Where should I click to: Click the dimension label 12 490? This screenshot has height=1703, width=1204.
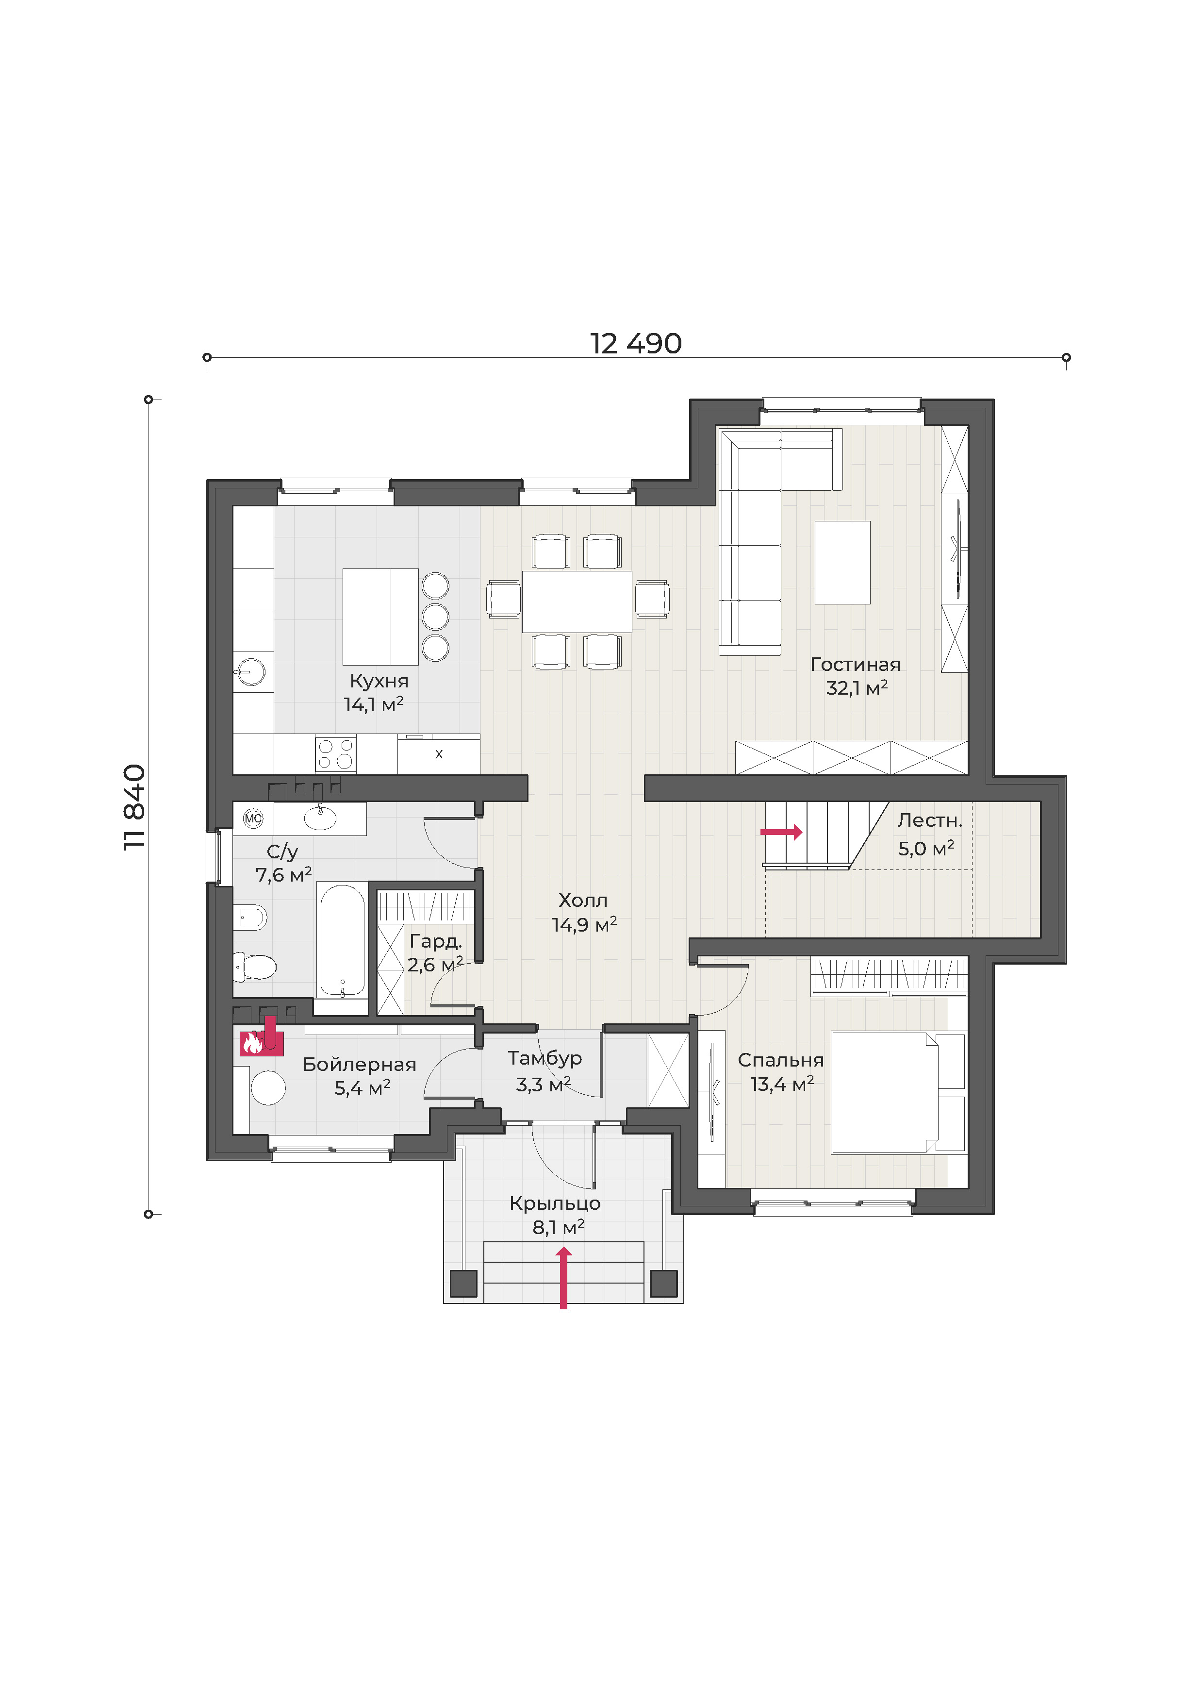click(635, 343)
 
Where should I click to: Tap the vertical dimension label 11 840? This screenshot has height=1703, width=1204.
click(134, 807)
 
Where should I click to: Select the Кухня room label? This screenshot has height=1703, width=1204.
click(379, 681)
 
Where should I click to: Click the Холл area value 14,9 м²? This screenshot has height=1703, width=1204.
click(584, 925)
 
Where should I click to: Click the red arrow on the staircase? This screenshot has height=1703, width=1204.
click(781, 832)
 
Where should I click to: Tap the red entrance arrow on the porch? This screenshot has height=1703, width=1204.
click(563, 1277)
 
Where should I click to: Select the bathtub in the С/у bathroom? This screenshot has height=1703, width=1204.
click(343, 940)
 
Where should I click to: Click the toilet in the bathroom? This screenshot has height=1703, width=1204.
click(255, 967)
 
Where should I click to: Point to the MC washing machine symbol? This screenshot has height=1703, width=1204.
click(253, 819)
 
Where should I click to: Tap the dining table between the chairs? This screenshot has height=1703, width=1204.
click(577, 601)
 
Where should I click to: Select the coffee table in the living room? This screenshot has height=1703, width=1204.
click(842, 562)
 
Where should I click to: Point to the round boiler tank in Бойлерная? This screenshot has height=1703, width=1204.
click(268, 1088)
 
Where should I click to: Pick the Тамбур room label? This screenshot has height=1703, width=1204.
click(545, 1058)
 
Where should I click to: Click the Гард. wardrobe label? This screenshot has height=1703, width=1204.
click(436, 941)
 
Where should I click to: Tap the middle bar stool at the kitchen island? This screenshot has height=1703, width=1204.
click(436, 617)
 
